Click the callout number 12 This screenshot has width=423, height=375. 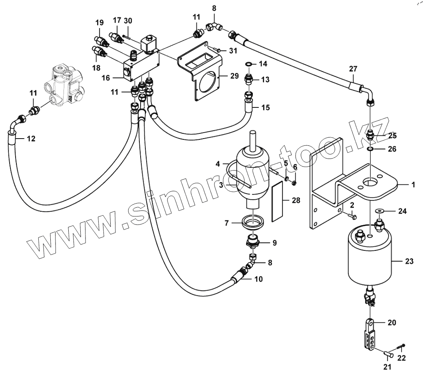point(31,139)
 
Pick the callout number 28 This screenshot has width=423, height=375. point(296,200)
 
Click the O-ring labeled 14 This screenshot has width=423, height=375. point(248,64)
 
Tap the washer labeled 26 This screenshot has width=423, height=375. point(371,149)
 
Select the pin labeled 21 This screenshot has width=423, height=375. point(387,353)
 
